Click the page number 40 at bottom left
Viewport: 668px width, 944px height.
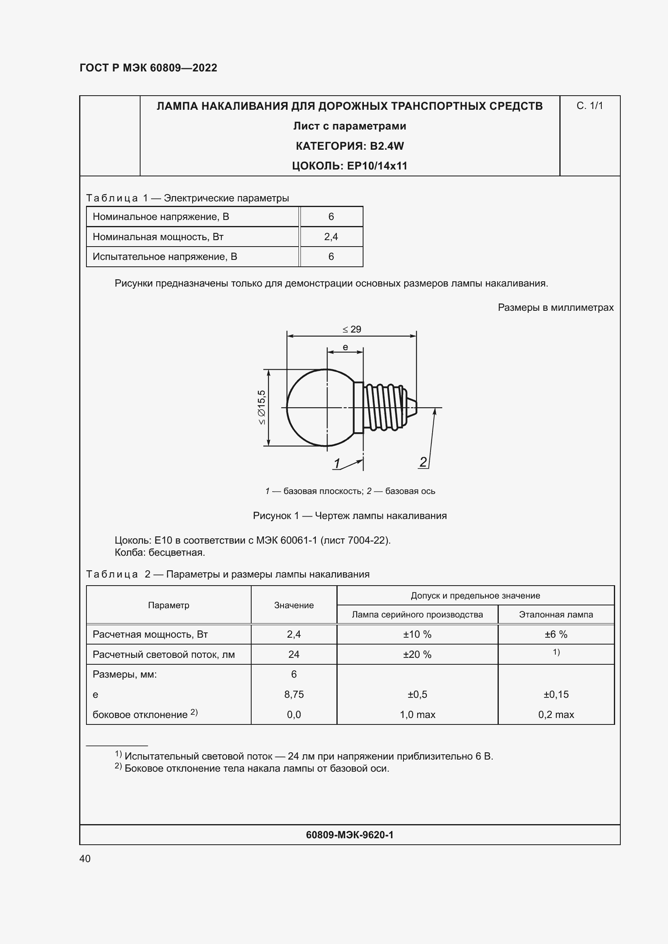point(85,858)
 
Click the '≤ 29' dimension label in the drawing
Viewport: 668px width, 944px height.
point(352,329)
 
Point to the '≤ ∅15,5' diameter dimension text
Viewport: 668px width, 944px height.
point(262,407)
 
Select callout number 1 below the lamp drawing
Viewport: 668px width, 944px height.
point(337,463)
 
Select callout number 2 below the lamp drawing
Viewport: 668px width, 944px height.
point(423,462)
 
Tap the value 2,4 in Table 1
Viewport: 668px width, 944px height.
point(331,237)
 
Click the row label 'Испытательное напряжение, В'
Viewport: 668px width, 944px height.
point(164,257)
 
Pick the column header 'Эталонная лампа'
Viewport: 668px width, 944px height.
point(556,615)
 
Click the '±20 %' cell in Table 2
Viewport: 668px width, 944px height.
point(417,655)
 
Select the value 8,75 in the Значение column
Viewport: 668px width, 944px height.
point(294,695)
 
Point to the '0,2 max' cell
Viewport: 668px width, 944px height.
point(556,715)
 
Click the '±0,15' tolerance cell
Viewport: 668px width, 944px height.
point(556,695)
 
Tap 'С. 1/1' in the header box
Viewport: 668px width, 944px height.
point(589,106)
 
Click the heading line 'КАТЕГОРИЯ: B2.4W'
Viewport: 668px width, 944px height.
point(350,146)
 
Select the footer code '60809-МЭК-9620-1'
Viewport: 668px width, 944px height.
point(350,835)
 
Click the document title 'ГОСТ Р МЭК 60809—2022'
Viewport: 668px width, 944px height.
point(148,68)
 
